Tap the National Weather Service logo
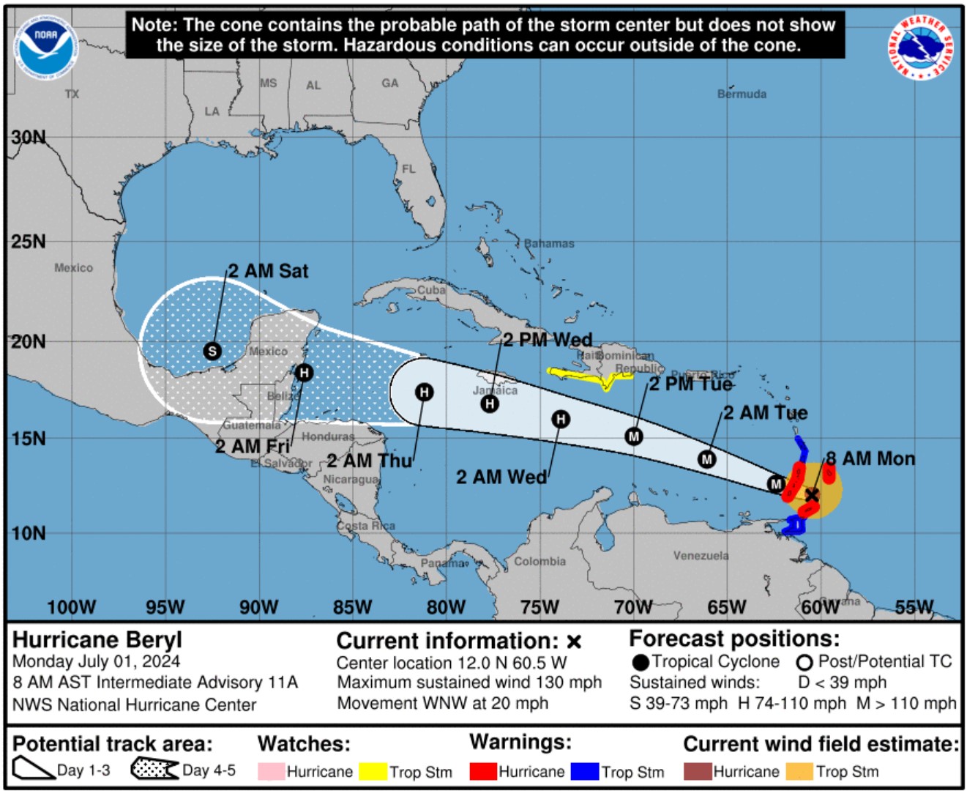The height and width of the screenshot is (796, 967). pyautogui.click(x=921, y=48)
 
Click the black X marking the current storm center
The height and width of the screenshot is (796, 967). pyautogui.click(x=812, y=496)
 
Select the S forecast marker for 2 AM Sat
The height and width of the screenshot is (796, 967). pyautogui.click(x=212, y=351)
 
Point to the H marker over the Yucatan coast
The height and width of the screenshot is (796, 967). pyautogui.click(x=305, y=373)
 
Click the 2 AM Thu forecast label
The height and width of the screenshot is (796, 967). pyautogui.click(x=370, y=461)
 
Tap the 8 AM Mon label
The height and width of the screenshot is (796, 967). pyautogui.click(x=870, y=459)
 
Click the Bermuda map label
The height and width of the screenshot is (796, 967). pyautogui.click(x=742, y=94)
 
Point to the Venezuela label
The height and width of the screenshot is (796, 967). pyautogui.click(x=701, y=556)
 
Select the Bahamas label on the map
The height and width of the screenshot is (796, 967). pyautogui.click(x=549, y=244)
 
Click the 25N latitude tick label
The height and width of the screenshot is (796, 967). pyautogui.click(x=28, y=242)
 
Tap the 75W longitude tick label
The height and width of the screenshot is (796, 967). pyautogui.click(x=539, y=607)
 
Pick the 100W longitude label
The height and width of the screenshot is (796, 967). pyautogui.click(x=71, y=607)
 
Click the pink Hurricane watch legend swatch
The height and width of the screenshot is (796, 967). pyautogui.click(x=271, y=771)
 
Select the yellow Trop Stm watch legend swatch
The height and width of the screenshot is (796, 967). pyautogui.click(x=373, y=771)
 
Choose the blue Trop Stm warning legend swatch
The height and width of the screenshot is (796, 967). pyautogui.click(x=585, y=771)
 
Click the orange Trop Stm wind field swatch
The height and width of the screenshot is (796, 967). pyautogui.click(x=799, y=771)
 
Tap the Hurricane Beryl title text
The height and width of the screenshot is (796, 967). pyautogui.click(x=97, y=640)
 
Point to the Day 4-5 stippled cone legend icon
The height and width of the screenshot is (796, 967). pyautogui.click(x=154, y=769)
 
